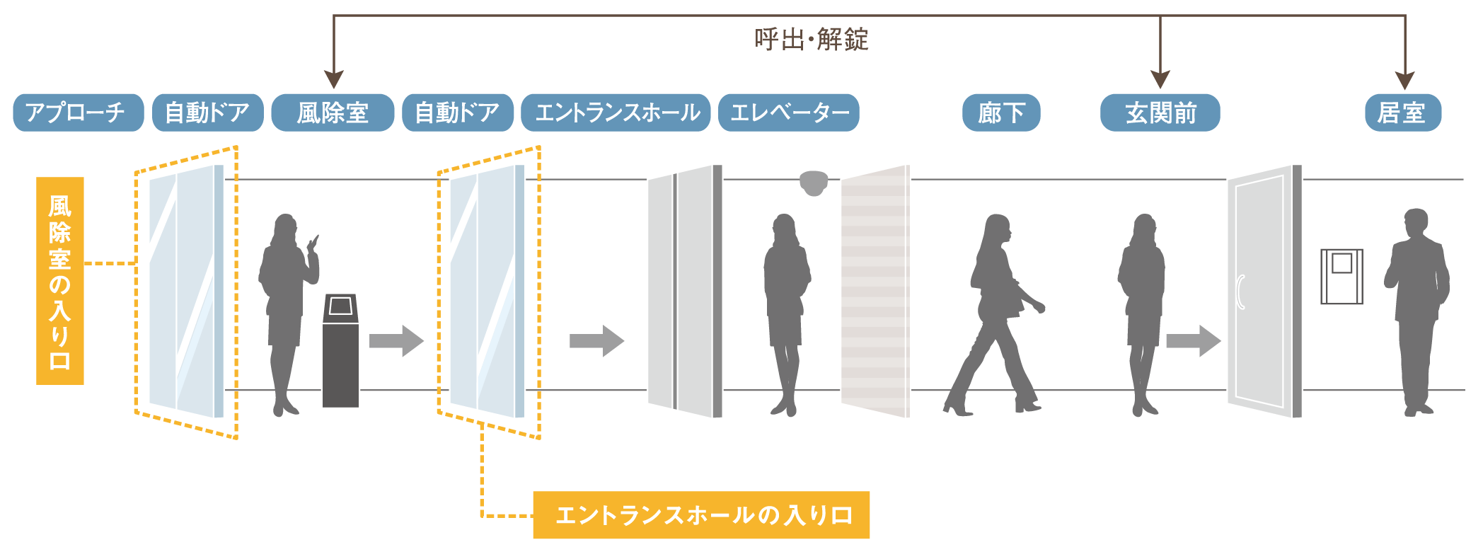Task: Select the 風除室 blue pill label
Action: pos(333,113)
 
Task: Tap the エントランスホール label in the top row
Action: pos(616,113)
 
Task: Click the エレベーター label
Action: pos(788,113)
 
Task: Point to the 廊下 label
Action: pos(1000,113)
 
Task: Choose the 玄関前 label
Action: pos(1160,113)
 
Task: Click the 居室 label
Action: pos(1402,113)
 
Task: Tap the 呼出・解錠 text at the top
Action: pos(811,40)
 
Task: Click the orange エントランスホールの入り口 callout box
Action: pos(701,515)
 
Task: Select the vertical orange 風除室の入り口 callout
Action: pos(60,281)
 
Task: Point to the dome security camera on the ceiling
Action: pos(813,182)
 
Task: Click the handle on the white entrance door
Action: pos(1240,292)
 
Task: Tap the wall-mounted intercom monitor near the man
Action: pos(1341,276)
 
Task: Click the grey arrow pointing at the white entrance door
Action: pos(1193,341)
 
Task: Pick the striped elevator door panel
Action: pos(875,292)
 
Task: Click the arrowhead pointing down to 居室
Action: pos(1404,79)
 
